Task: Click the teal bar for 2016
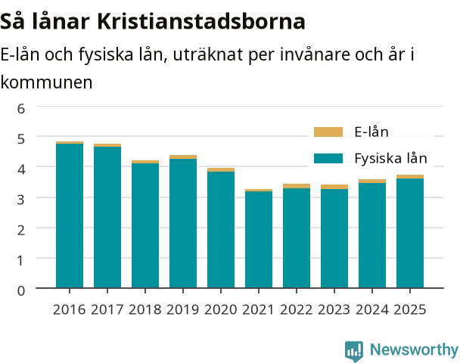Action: coord(70,216)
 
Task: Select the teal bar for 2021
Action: coord(259,240)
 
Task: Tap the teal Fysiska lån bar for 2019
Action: coord(183,223)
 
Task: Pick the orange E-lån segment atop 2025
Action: coord(410,176)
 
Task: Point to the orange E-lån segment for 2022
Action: coord(297,186)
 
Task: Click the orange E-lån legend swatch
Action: coord(328,132)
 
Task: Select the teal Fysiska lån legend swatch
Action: coord(328,158)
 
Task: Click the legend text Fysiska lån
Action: coord(390,158)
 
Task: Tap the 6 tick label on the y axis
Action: coord(21,109)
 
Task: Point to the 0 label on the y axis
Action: coord(21,291)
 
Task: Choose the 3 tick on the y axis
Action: coord(21,200)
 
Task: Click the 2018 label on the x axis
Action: coord(145,309)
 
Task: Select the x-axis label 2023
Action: coord(334,309)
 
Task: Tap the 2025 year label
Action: coord(410,309)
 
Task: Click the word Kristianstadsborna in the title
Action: coord(201,21)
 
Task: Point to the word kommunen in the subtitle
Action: coord(46,82)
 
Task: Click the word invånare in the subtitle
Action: coord(315,54)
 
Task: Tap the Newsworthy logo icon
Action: coord(354,351)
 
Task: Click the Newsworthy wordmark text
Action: coord(414,349)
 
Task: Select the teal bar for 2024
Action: coord(372,235)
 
